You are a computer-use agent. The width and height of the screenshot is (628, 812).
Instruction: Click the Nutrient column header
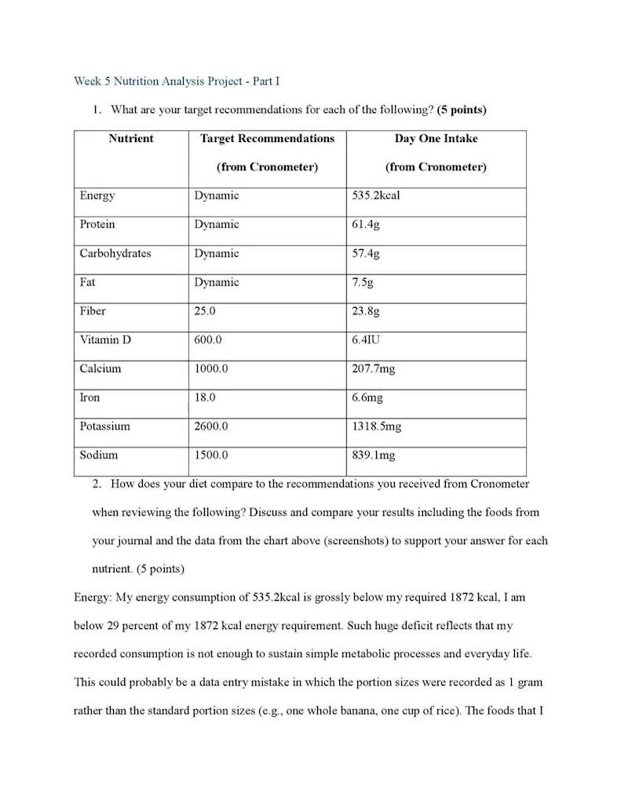click(131, 139)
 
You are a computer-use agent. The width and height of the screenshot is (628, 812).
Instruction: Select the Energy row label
click(97, 196)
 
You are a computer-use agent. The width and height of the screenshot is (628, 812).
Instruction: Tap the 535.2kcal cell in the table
click(375, 196)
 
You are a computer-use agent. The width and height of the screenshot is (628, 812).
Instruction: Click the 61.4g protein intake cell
click(366, 225)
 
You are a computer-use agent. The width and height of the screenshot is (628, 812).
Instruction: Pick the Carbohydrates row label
click(115, 254)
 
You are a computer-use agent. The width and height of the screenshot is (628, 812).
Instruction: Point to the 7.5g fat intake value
click(363, 283)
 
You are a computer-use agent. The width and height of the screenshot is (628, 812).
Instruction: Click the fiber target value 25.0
click(205, 311)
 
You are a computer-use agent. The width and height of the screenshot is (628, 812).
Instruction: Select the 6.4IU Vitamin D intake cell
click(367, 340)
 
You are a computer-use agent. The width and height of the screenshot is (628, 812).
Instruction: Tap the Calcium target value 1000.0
click(211, 368)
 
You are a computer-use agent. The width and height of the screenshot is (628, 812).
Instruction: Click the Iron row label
click(89, 397)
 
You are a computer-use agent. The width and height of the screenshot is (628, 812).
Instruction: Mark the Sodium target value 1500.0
click(211, 455)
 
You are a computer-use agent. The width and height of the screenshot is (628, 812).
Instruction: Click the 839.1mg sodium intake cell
click(373, 455)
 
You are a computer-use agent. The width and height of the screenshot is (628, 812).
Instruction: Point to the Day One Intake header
click(436, 139)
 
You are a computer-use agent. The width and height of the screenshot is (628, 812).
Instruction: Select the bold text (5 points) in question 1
click(462, 110)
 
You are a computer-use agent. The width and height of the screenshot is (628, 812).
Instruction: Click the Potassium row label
click(104, 426)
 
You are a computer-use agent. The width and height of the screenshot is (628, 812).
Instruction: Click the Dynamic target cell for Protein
click(217, 225)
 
